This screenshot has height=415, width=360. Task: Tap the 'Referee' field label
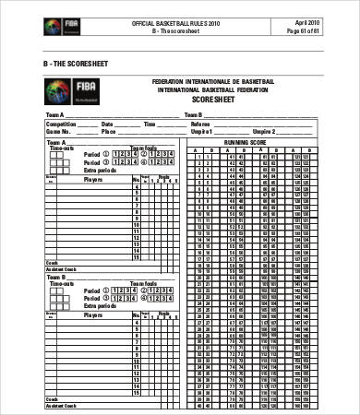click(x=200, y=123)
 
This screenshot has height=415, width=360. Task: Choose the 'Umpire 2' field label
click(x=261, y=131)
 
